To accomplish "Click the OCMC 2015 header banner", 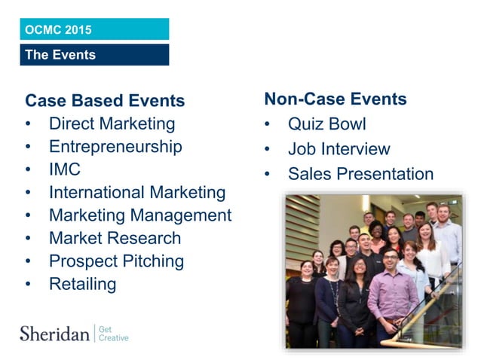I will [x=94, y=29].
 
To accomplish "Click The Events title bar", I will [x=94, y=54].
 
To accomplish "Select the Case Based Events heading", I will [x=105, y=101].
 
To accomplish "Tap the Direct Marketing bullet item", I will [x=112, y=124].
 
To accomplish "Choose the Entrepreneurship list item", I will [x=115, y=146].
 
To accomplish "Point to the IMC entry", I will [x=65, y=169].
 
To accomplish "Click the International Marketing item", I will [x=137, y=192].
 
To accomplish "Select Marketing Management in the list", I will [x=140, y=215].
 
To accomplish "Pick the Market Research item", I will [x=115, y=238].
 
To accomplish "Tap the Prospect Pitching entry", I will [x=116, y=261].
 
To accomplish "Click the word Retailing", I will [x=83, y=284].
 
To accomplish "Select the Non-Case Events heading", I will [x=335, y=99].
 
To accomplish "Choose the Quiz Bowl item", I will [x=326, y=124].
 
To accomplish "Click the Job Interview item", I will [x=339, y=149].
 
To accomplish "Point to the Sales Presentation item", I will [x=360, y=174].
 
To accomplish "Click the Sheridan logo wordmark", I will [x=54, y=333].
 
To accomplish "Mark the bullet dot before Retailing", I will [x=29, y=285].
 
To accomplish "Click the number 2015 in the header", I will [x=78, y=30].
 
